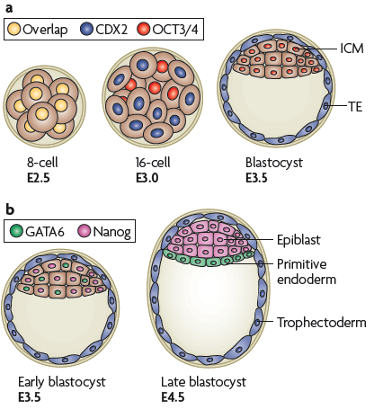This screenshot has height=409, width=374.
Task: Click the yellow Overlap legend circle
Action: coord(13,29)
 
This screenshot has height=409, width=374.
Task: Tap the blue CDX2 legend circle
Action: coord(87,29)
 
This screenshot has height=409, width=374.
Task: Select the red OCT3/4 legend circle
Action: coord(143,29)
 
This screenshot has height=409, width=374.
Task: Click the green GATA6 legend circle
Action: coord(16,231)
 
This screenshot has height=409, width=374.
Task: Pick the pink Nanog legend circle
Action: coord(84,231)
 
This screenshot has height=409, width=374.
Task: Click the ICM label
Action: coord(352,49)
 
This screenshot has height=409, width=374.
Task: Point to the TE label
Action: coord(355,106)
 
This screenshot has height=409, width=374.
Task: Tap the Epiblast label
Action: coord(298,240)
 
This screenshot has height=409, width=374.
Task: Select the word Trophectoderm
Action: coord(322,323)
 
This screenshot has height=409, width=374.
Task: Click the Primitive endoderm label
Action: coord(307,271)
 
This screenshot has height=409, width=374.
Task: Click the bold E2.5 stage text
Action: coord(39,178)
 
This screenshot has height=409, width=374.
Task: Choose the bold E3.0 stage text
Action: coord(147,178)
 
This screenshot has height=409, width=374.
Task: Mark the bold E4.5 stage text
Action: coord(173,397)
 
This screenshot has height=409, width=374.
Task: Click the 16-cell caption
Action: coord(153,163)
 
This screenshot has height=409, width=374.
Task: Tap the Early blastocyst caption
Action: coord(62,382)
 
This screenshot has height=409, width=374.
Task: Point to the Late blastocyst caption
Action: coord(203,382)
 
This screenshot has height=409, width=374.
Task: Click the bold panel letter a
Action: coord(9,8)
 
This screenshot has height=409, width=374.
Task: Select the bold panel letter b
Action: coord(10,209)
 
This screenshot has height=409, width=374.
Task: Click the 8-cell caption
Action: coord(42,163)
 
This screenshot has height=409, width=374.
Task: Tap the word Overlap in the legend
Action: coord(45,30)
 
